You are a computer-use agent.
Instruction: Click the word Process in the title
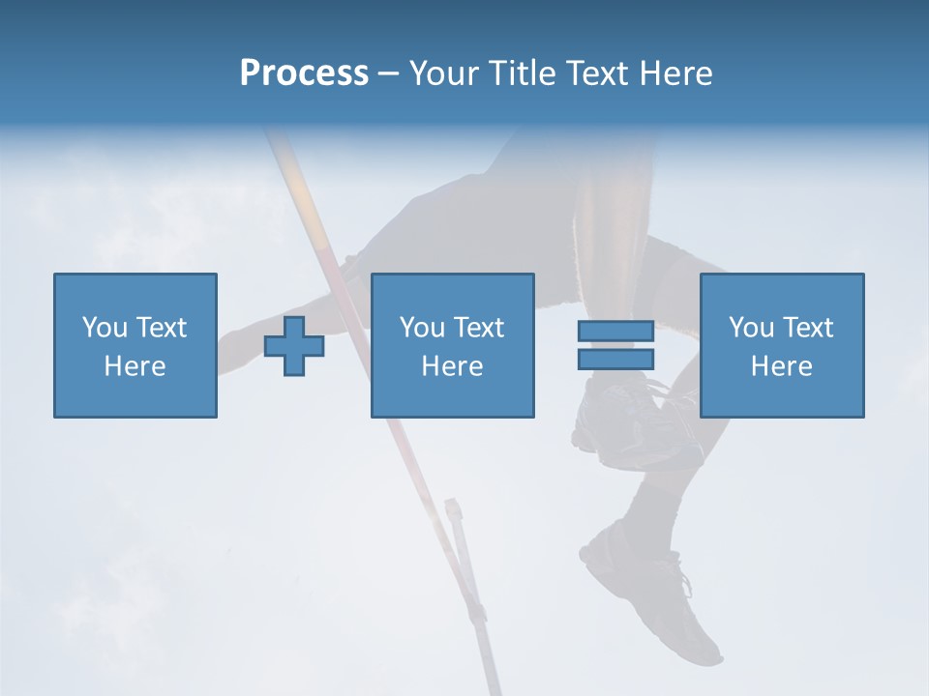[x=304, y=73]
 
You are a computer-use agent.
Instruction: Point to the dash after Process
[x=389, y=74]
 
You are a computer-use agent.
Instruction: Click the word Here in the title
[x=675, y=73]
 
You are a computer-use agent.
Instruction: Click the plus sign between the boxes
[x=294, y=346]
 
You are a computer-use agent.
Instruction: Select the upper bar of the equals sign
[x=615, y=332]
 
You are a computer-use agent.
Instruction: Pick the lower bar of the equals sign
[x=615, y=359]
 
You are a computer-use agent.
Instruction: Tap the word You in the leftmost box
[x=105, y=328]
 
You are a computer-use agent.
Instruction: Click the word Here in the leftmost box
[x=135, y=366]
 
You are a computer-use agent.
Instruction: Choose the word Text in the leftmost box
[x=161, y=328]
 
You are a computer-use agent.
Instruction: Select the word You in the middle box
[x=422, y=328]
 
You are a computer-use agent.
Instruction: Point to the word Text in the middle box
[x=478, y=328]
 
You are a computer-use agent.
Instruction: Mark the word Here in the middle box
[x=453, y=366]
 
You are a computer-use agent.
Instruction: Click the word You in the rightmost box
[x=751, y=328]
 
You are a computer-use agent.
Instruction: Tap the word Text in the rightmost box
[x=807, y=328]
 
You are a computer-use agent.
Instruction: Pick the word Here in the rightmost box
[x=782, y=366]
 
